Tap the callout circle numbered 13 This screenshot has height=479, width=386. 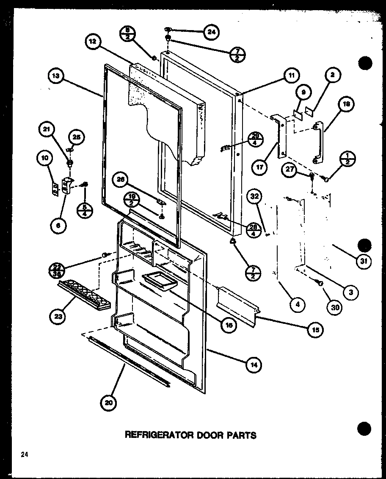tap(55, 76)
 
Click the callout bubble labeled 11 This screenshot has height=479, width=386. tap(291, 76)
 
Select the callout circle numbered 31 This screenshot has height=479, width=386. tap(363, 262)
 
